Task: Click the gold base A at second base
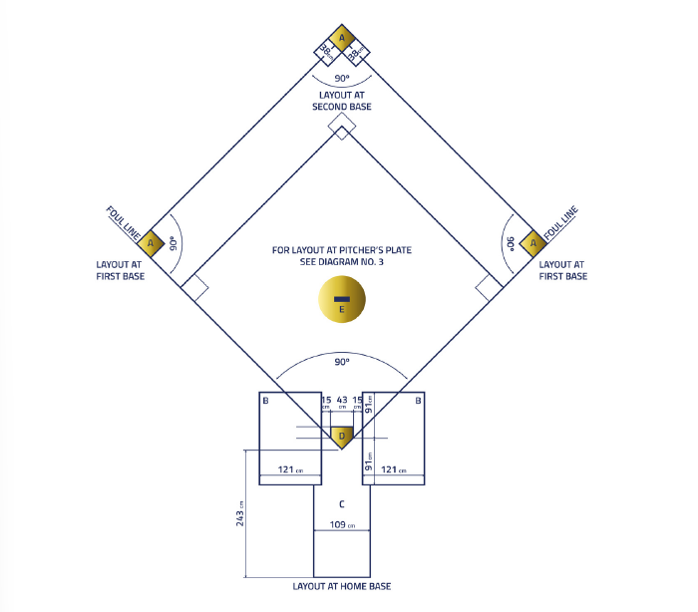[x=342, y=38]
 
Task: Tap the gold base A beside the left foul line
[x=151, y=243]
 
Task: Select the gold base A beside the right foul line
[x=533, y=243]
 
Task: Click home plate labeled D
[x=342, y=438]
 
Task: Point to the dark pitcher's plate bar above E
[x=342, y=299]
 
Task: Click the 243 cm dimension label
[x=240, y=514]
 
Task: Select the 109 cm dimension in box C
[x=342, y=524]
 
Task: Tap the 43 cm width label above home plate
[x=342, y=402]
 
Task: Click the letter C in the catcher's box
[x=342, y=504]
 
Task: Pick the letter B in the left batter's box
[x=266, y=401]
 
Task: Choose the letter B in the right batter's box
[x=418, y=401]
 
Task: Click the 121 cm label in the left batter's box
[x=290, y=469]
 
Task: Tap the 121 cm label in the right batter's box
[x=394, y=469]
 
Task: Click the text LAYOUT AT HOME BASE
[x=342, y=586]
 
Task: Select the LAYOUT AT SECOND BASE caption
[x=342, y=101]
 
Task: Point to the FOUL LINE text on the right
[x=560, y=223]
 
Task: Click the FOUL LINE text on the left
[x=124, y=223]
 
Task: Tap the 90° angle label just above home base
[x=342, y=362]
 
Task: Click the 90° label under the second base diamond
[x=342, y=78]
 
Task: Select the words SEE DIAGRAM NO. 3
[x=341, y=262]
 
